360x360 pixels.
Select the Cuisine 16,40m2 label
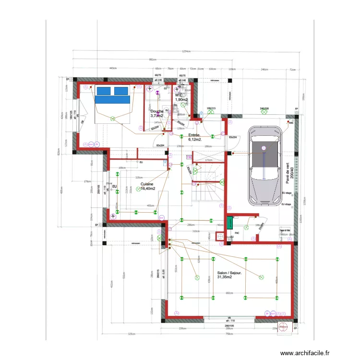coord(147,186)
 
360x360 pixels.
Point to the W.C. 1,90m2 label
coord(181,97)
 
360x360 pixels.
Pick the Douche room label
coord(156,113)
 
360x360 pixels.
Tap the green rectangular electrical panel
coord(230,223)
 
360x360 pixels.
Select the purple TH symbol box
coord(189,157)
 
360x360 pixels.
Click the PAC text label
coord(237,233)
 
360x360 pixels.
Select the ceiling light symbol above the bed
coord(113,118)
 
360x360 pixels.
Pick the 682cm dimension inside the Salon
coord(229,293)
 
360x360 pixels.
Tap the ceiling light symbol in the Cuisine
coord(138,189)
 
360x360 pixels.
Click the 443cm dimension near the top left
coord(113,69)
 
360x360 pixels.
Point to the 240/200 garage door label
coord(264,109)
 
